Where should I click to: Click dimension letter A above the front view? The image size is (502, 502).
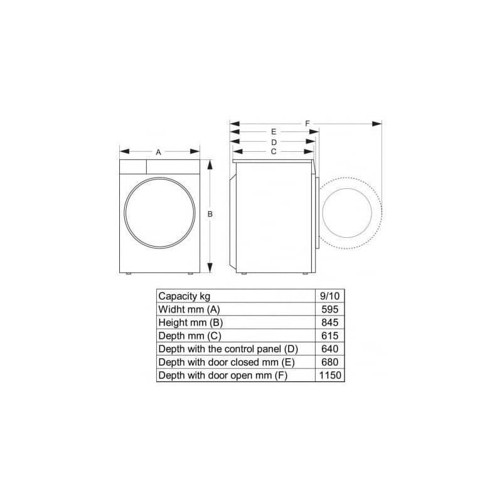coord(158,152)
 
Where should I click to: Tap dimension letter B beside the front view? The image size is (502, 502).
coord(210,214)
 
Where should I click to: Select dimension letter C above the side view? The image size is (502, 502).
coord(274,151)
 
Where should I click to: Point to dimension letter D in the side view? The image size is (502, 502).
coord(274,142)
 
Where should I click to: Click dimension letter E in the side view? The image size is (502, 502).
coord(274,132)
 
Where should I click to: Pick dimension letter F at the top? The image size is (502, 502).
coord(307,124)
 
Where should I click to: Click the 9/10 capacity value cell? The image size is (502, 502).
coord(330,296)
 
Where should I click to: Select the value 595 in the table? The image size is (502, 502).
coord(330,309)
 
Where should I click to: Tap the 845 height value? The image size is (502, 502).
coord(330,323)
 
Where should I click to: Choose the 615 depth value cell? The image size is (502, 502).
coord(330,336)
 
